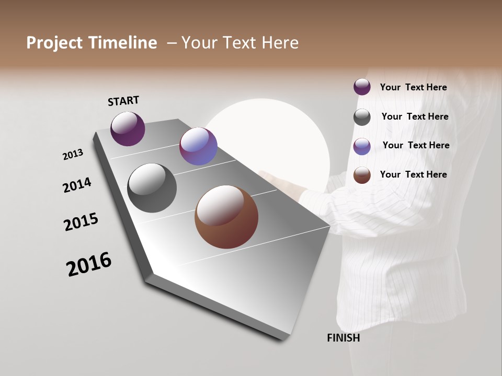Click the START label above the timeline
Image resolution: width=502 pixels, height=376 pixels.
(123, 100)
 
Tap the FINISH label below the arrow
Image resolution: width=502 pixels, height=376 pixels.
(344, 338)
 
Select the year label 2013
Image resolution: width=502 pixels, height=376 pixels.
(73, 155)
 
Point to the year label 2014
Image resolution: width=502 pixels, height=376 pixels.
(77, 185)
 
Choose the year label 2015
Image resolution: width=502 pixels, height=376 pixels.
(81, 222)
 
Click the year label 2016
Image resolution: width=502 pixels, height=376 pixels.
(89, 264)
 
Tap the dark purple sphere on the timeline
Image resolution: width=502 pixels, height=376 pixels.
(128, 128)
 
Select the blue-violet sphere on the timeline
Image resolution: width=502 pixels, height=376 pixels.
(198, 146)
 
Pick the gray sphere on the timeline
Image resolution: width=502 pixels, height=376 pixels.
(152, 188)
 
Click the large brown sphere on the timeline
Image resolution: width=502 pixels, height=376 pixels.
(226, 217)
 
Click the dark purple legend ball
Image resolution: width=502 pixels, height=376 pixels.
(362, 87)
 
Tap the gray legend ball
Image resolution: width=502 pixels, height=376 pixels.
(362, 117)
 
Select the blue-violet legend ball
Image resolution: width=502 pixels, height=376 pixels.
(362, 146)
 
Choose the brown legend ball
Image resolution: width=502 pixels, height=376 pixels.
(362, 175)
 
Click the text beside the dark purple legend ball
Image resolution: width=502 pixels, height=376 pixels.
(413, 87)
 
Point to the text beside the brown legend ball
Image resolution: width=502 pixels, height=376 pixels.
(413, 174)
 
